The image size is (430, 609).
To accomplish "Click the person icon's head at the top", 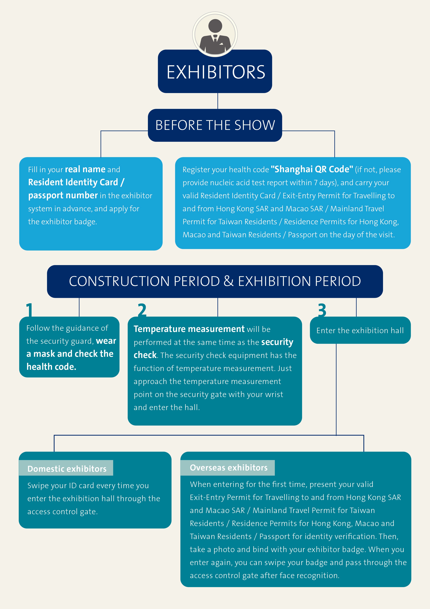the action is click(x=215, y=26).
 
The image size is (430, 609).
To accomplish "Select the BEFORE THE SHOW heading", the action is click(x=215, y=125).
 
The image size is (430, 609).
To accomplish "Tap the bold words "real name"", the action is click(x=85, y=169).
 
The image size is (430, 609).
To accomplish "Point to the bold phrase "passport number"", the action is click(x=63, y=195).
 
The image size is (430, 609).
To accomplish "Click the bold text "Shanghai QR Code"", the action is click(x=312, y=169).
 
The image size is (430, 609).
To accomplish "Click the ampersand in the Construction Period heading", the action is click(x=228, y=281).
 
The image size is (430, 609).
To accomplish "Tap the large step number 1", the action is click(x=29, y=310).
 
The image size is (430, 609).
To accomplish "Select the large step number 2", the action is click(x=142, y=310).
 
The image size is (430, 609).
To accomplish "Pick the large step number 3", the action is click(x=322, y=310).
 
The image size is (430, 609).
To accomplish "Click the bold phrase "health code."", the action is click(x=51, y=367).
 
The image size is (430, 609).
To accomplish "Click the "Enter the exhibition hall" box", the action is click(x=360, y=330).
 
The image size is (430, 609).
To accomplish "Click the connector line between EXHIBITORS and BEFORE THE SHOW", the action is click(x=218, y=101).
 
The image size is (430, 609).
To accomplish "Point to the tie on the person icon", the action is click(x=215, y=41).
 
